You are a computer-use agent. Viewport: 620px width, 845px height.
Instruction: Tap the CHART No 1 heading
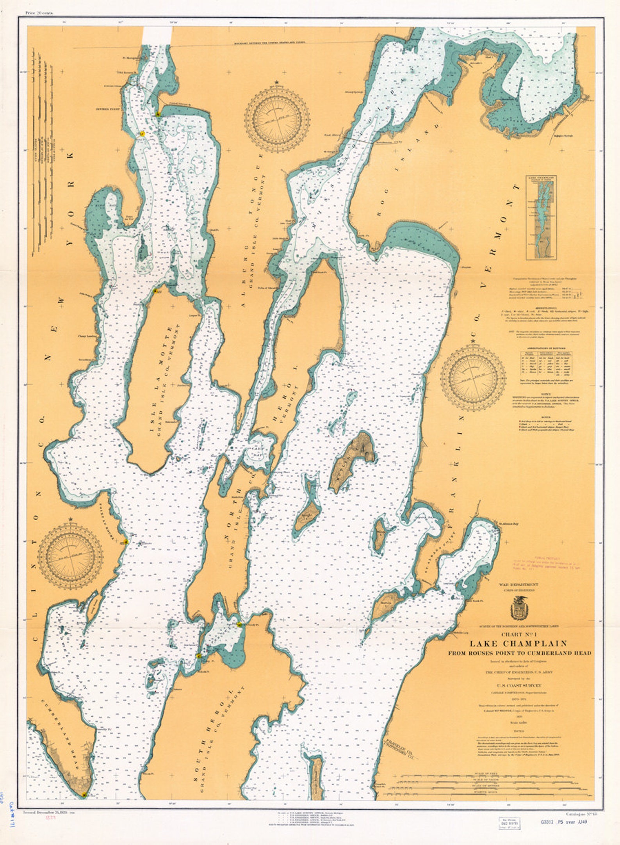(518, 634)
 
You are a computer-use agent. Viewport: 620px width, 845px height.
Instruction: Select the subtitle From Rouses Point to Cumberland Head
(519, 653)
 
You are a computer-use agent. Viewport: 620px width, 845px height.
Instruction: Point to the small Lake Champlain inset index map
(541, 217)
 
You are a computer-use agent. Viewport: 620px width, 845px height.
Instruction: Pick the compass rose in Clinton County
(70, 557)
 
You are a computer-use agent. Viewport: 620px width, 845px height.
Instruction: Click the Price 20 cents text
(39, 13)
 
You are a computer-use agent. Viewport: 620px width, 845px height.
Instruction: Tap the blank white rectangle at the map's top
(157, 36)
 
